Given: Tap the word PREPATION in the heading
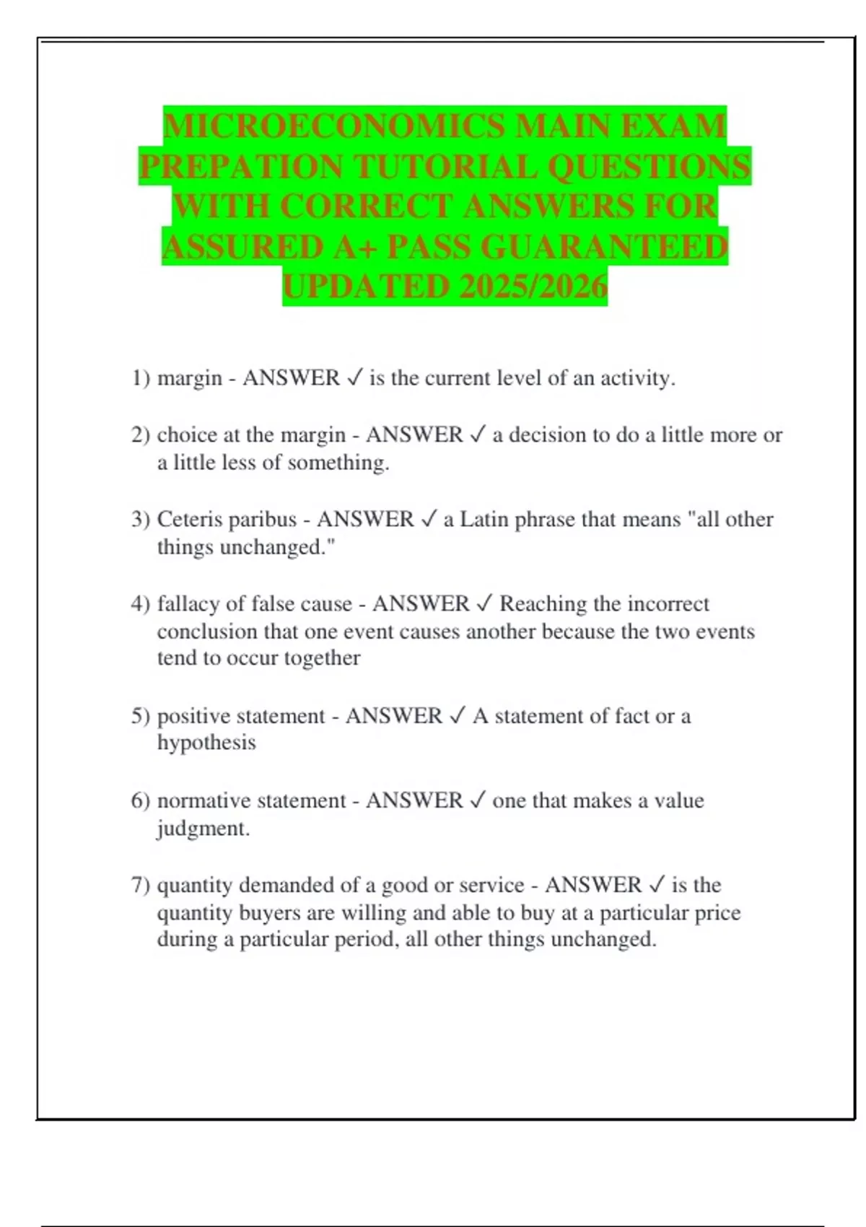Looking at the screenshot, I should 241,167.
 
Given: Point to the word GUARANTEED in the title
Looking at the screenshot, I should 604,247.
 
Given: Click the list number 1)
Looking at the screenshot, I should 141,378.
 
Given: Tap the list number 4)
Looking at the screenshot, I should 141,604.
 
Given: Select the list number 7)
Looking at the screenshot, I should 141,886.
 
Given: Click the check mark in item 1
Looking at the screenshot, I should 354,377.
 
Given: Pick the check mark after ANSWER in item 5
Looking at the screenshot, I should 458,716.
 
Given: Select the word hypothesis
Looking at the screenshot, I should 206,743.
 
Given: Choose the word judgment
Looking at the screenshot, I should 204,829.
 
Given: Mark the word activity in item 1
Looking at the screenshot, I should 638,378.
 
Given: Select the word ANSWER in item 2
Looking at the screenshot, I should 414,435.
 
